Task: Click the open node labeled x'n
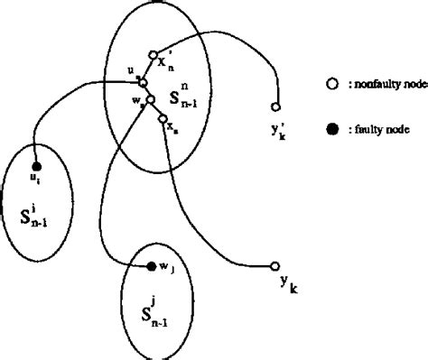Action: tap(154, 54)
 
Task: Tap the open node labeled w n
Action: tap(151, 100)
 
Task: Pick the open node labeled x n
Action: tap(162, 118)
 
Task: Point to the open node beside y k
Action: tap(274, 266)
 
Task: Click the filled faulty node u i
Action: tap(36, 167)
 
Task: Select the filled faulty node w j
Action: tap(151, 266)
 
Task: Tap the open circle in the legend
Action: tap(331, 84)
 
